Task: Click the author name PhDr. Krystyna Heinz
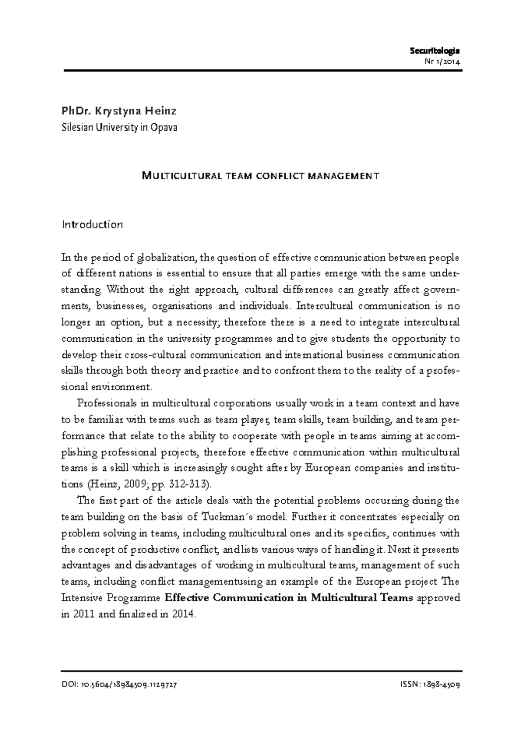(x=119, y=111)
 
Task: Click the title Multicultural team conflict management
(x=261, y=176)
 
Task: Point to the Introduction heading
(x=92, y=225)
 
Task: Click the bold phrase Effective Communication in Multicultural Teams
(x=289, y=598)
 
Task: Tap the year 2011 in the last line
(x=80, y=614)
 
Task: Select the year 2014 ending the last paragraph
(x=185, y=614)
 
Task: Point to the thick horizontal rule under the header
(x=263, y=70)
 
